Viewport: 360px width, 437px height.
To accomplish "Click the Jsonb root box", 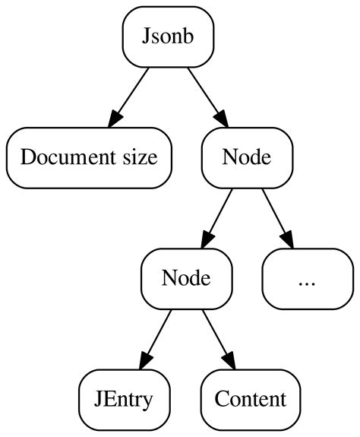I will click(168, 36).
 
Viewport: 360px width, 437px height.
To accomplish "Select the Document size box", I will click(89, 157).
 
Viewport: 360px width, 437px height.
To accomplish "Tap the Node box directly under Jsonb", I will click(247, 157).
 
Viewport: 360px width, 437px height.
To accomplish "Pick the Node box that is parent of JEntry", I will click(186, 278).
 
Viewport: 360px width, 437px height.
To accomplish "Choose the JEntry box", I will click(125, 399).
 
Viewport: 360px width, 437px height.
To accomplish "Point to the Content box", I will click(251, 399).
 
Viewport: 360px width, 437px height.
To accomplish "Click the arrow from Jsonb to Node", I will click(207, 95).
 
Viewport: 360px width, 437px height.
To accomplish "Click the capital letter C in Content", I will click(221, 399).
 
